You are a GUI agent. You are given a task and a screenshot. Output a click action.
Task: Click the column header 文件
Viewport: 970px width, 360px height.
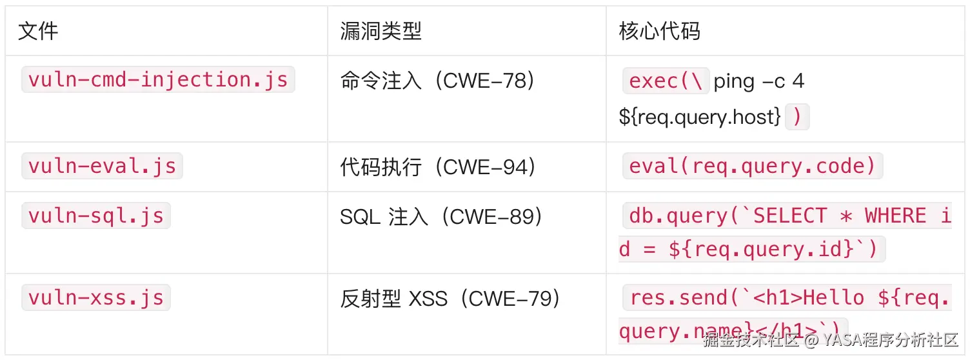click(x=38, y=31)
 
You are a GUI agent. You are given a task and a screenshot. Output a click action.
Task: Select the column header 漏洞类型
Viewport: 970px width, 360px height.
click(x=381, y=31)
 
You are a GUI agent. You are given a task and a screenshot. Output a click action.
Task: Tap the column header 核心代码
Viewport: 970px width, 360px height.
click(x=659, y=31)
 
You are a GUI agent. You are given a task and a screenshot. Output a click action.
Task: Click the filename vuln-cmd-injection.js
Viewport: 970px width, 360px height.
click(x=158, y=80)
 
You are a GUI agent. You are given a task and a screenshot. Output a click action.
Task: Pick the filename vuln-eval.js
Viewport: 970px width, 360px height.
click(x=102, y=166)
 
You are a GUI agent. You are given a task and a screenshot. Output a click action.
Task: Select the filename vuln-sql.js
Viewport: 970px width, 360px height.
click(x=95, y=215)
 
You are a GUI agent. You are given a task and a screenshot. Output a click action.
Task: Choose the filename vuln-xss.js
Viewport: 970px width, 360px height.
click(x=95, y=297)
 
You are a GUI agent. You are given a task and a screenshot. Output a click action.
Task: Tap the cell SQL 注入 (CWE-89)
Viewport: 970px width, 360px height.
click(x=441, y=217)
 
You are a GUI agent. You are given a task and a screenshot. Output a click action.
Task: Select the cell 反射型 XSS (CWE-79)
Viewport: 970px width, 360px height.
click(x=450, y=299)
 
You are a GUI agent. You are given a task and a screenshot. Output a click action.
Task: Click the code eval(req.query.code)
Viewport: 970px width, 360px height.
click(x=752, y=166)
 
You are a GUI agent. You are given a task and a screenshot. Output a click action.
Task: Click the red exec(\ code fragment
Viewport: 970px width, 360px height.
click(x=666, y=81)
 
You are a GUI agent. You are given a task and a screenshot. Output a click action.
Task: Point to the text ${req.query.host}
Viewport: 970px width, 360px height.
click(x=700, y=117)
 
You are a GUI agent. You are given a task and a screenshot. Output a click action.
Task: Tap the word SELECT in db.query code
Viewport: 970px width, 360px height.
click(x=789, y=215)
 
